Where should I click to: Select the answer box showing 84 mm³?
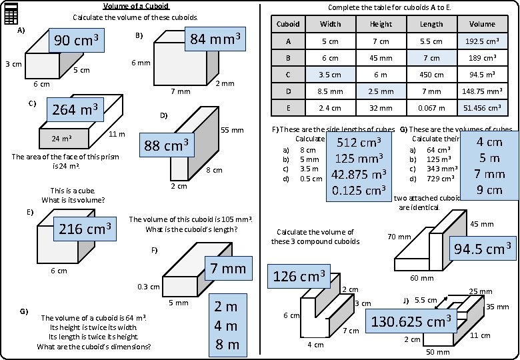215,39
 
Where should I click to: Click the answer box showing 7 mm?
225,269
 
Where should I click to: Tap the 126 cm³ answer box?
299,276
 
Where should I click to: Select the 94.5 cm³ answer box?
483,249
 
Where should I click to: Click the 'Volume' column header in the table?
482,24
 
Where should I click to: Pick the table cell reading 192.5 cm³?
482,41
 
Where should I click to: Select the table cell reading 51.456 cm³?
482,107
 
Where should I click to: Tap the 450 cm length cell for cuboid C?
431,75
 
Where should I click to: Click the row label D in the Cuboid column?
288,91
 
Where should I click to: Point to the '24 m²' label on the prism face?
62,139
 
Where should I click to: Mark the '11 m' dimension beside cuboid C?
117,135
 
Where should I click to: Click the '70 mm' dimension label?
399,237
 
